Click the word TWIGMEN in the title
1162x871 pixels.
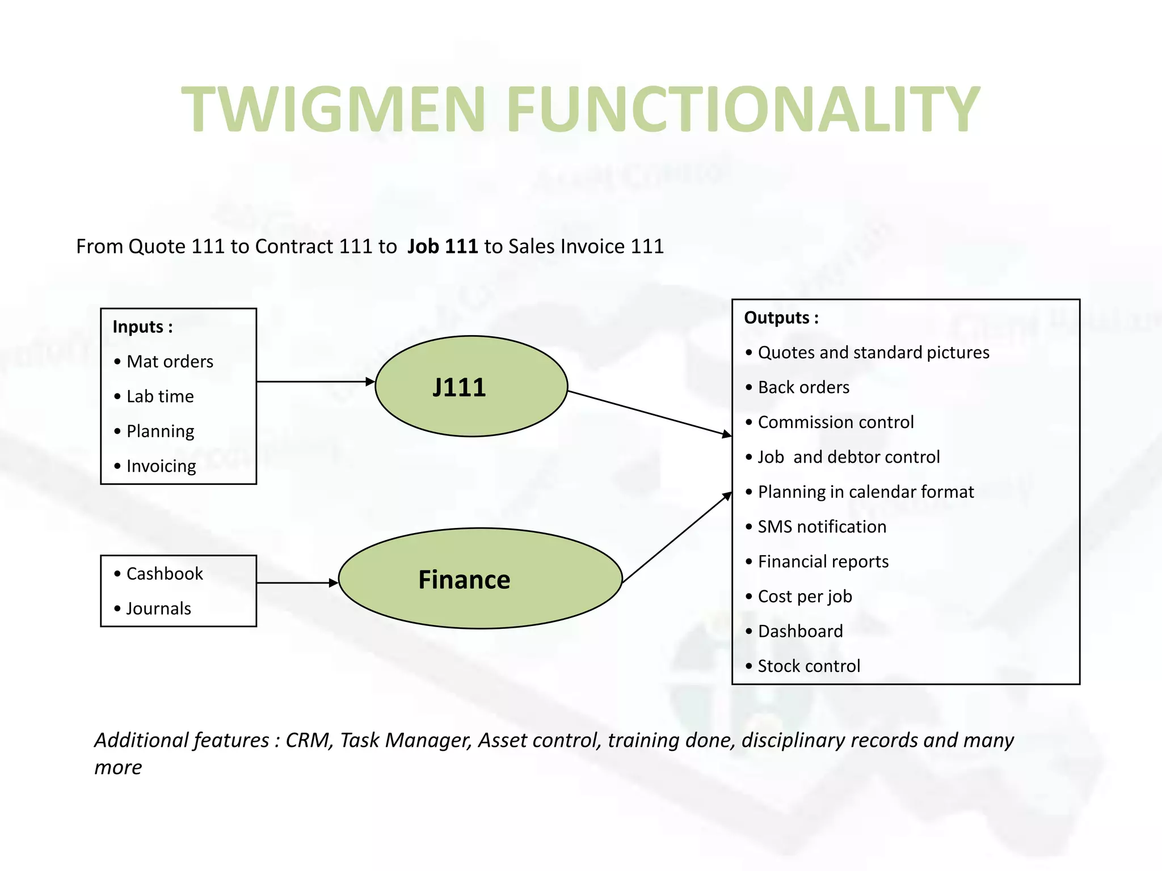point(334,109)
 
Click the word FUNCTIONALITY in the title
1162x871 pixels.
point(742,109)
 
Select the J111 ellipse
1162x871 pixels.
point(471,387)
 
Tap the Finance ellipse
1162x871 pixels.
point(480,579)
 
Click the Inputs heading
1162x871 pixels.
point(142,327)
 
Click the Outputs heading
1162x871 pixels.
point(781,318)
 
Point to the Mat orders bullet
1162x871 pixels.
point(169,362)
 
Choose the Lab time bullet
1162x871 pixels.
point(159,396)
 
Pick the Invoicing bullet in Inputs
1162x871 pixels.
point(161,466)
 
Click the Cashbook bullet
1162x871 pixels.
point(164,574)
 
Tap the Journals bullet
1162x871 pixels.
point(158,608)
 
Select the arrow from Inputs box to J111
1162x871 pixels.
point(315,382)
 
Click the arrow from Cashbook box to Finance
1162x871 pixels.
point(297,582)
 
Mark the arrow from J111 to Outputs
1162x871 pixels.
point(649,413)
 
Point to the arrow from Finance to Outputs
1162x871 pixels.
point(676,538)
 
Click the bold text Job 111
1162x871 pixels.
point(443,247)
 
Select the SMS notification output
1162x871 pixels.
point(822,527)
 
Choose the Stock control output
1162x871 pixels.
point(809,666)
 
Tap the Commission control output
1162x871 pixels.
point(835,422)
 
